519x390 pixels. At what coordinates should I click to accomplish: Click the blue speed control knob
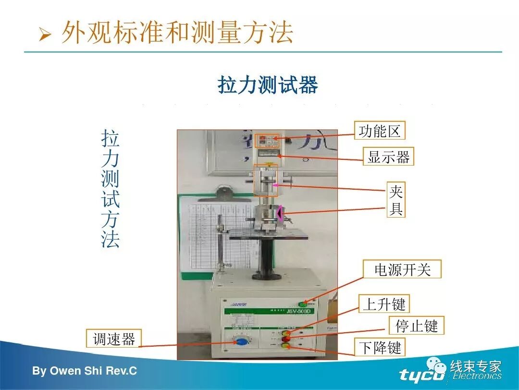[240, 342]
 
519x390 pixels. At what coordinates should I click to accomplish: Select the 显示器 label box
[388, 156]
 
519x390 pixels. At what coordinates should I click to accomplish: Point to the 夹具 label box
[396, 200]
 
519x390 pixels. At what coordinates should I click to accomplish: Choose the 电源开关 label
[402, 269]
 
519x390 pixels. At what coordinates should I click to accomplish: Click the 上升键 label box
[384, 304]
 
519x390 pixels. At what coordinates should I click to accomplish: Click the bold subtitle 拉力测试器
[268, 85]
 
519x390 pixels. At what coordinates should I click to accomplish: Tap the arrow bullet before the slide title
[45, 36]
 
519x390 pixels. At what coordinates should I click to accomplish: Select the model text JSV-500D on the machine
[300, 312]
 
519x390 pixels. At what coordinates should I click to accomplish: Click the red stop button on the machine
[286, 338]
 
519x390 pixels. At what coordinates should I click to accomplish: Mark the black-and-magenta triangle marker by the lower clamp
[279, 212]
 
